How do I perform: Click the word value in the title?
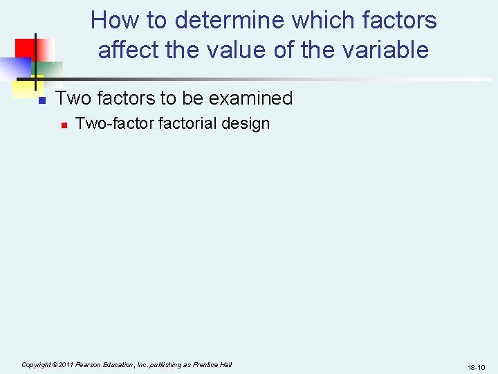tap(228, 50)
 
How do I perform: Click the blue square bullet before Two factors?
tap(41, 100)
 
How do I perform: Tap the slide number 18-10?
tap(477, 366)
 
